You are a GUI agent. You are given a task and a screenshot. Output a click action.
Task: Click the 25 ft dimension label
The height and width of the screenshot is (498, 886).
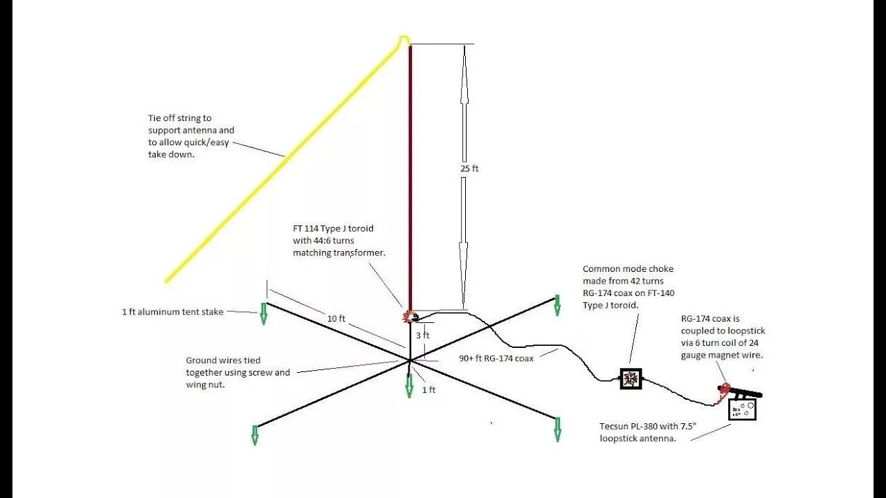(x=470, y=168)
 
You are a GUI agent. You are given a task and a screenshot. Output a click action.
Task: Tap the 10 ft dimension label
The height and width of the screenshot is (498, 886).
(x=336, y=318)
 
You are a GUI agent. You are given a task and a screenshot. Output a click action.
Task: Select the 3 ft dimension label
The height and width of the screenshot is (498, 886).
(x=422, y=335)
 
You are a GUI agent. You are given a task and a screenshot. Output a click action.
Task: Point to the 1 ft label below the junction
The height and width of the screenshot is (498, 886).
(x=429, y=390)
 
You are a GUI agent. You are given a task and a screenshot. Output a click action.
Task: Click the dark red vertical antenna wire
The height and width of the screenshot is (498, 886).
(x=410, y=173)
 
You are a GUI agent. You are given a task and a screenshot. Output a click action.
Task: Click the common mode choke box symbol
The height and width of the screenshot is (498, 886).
(x=631, y=378)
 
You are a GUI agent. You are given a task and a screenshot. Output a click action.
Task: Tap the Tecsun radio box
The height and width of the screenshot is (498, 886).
(x=742, y=409)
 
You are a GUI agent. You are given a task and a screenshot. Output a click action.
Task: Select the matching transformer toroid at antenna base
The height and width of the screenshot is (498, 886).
(x=408, y=317)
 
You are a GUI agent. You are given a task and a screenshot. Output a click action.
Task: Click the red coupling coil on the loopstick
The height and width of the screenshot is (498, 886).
(x=724, y=390)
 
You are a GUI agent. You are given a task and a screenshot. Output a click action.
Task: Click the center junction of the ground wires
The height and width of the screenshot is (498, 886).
(x=410, y=360)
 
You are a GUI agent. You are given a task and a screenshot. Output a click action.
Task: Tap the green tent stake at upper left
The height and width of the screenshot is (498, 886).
(x=264, y=313)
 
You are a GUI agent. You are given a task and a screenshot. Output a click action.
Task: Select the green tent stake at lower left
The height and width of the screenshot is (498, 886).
(x=255, y=434)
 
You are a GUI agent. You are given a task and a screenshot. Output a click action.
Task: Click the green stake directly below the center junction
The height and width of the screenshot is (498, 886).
(x=409, y=387)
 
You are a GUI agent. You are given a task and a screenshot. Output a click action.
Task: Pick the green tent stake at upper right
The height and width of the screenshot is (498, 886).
(x=557, y=306)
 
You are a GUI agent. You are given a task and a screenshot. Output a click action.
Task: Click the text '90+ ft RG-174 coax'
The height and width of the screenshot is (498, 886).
(x=496, y=358)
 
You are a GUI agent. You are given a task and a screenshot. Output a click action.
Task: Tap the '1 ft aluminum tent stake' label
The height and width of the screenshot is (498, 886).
(x=172, y=312)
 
